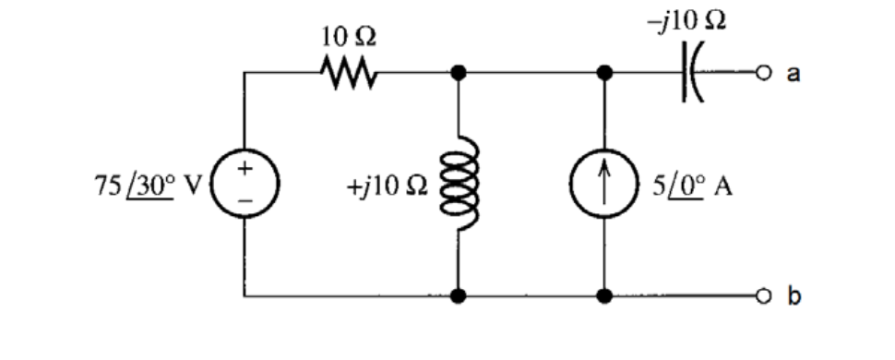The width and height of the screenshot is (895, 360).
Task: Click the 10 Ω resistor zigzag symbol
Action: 347,71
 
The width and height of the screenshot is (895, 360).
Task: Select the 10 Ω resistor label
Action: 348,38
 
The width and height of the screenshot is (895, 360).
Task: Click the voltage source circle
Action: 245,184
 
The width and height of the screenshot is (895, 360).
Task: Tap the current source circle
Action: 605,184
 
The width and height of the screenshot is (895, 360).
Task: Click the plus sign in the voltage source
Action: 245,169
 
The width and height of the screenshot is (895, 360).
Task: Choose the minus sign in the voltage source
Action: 245,199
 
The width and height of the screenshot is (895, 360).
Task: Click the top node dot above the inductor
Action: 459,72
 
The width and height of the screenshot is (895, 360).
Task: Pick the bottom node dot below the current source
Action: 605,297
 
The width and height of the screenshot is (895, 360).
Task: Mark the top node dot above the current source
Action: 605,72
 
